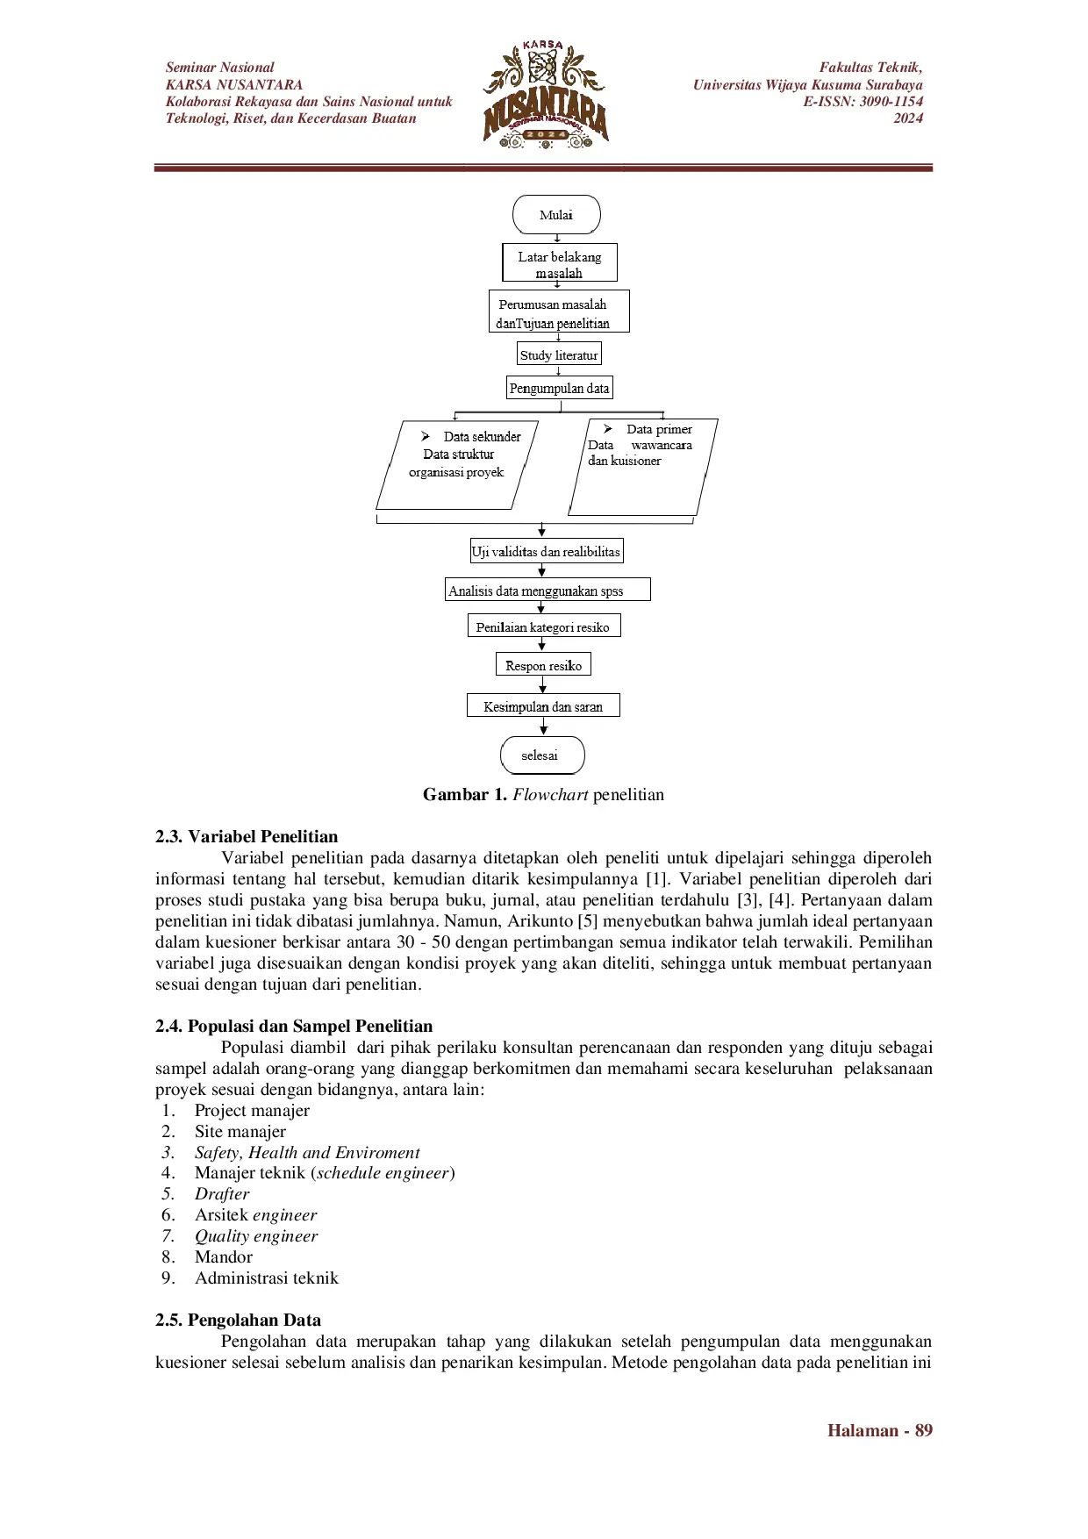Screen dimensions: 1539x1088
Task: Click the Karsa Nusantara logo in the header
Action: (x=545, y=95)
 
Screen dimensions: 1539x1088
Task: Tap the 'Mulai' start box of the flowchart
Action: (x=556, y=215)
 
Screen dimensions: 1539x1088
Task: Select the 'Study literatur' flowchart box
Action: (x=559, y=354)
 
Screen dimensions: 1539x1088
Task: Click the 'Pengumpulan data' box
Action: (x=559, y=388)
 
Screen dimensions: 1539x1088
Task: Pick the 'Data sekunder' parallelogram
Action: (x=457, y=465)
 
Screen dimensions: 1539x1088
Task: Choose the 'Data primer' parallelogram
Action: (x=643, y=467)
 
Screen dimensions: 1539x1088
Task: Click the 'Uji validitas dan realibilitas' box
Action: (x=546, y=552)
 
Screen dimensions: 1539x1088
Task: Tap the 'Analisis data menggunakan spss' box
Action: (x=547, y=590)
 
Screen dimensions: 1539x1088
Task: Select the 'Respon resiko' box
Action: (x=543, y=665)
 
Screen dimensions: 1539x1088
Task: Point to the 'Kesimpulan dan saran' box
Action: (x=543, y=706)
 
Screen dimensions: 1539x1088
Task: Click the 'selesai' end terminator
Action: (x=541, y=755)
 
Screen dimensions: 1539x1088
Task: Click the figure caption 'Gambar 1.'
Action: (x=464, y=795)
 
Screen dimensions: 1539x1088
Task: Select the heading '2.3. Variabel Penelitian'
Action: (x=247, y=836)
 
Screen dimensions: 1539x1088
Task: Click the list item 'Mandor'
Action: (x=224, y=1257)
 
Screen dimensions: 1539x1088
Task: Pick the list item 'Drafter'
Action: (x=222, y=1194)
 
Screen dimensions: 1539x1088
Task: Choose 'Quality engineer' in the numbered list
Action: (x=256, y=1236)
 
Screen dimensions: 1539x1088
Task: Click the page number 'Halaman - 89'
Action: (x=879, y=1431)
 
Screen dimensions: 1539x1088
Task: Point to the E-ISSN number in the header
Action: (x=863, y=102)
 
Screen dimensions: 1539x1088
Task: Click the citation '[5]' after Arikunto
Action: (x=587, y=921)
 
